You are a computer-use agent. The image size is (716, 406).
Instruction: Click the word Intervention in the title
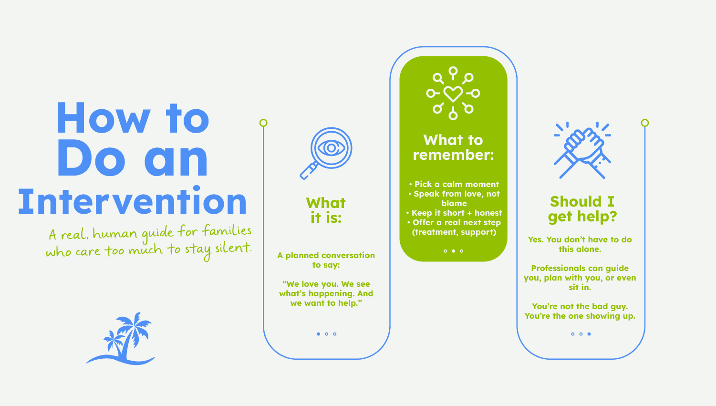[x=132, y=200]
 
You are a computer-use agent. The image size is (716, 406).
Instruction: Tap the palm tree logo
[x=121, y=339]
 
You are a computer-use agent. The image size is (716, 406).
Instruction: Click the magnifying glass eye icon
[x=326, y=153]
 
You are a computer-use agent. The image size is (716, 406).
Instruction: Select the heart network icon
[x=453, y=93]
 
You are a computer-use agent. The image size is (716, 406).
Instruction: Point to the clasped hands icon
[x=582, y=150]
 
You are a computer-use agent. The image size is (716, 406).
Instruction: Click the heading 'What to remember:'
[x=453, y=147]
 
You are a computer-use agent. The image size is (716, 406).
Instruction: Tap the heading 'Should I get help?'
[x=582, y=209]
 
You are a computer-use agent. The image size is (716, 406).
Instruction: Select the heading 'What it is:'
[x=326, y=210]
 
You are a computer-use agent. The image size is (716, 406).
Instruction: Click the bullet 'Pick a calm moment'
[x=454, y=184]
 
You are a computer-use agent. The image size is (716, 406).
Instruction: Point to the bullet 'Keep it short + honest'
[x=454, y=213]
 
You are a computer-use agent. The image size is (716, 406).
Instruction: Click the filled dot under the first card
[x=318, y=334]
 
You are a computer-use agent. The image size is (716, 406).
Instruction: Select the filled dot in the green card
[x=453, y=251]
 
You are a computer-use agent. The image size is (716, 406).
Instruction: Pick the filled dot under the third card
[x=589, y=334]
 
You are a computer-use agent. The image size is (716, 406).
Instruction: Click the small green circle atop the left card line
[x=263, y=123]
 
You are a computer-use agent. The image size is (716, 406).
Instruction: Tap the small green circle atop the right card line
[x=645, y=123]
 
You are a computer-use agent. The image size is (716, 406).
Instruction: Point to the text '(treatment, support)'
[x=454, y=232]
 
